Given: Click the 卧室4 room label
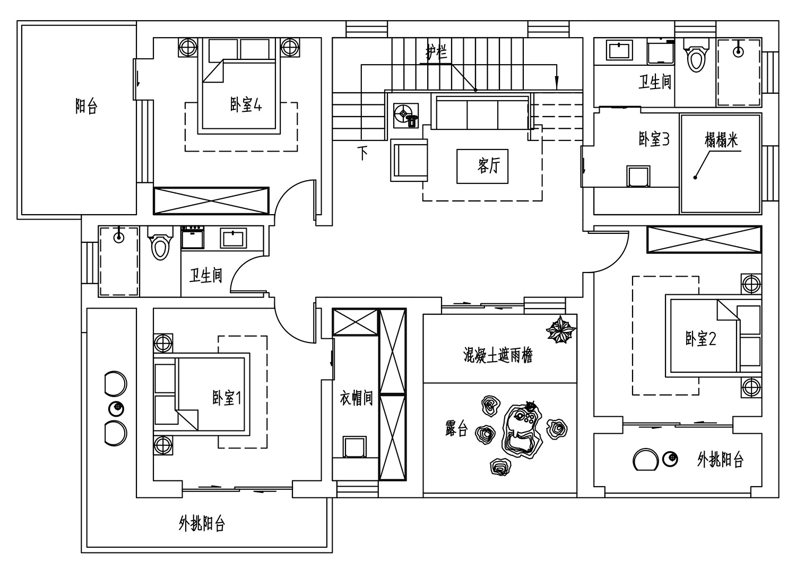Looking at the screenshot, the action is (x=246, y=105).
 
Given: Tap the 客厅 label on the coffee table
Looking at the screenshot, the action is (x=489, y=165).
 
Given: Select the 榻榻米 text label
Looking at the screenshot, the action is (x=721, y=140).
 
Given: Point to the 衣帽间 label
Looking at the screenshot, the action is (x=356, y=398).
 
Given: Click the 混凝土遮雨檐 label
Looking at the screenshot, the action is (x=498, y=355).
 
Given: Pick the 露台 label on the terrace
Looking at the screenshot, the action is (x=456, y=428).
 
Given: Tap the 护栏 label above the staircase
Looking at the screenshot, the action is (x=436, y=53).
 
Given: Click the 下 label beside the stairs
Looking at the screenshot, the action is (x=362, y=153).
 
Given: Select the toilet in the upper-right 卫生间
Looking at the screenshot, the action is (x=696, y=55).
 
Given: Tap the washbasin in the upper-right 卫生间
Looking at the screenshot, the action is (x=620, y=50).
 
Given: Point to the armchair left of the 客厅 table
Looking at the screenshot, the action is (x=409, y=160).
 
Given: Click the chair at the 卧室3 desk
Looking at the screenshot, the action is (x=638, y=176).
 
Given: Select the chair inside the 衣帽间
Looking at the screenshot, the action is (x=354, y=447).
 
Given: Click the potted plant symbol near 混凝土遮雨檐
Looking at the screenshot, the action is (x=560, y=330).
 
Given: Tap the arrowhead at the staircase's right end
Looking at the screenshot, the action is (x=557, y=83).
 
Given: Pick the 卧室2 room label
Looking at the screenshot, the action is (x=700, y=338).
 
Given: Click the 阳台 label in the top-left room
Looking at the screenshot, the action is (x=86, y=106).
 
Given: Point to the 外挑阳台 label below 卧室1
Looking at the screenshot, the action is (x=202, y=523).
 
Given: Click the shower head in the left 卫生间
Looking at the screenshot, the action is (x=119, y=237).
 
